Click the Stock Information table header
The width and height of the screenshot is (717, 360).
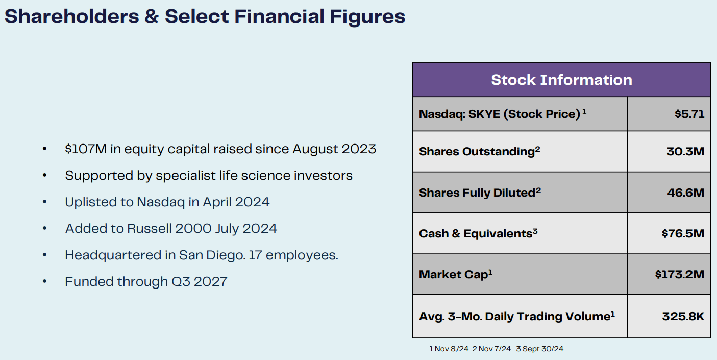tap(561, 80)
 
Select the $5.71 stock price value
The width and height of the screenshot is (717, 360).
tap(689, 114)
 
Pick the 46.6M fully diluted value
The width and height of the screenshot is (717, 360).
tap(686, 193)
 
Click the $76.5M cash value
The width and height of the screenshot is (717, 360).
tap(683, 233)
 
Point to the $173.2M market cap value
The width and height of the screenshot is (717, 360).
tap(680, 274)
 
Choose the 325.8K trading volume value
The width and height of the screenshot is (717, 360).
tap(683, 316)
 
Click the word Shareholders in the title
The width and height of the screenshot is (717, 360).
tap(71, 16)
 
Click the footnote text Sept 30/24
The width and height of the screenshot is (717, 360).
tap(543, 349)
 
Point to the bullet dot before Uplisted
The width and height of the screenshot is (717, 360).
tap(45, 202)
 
